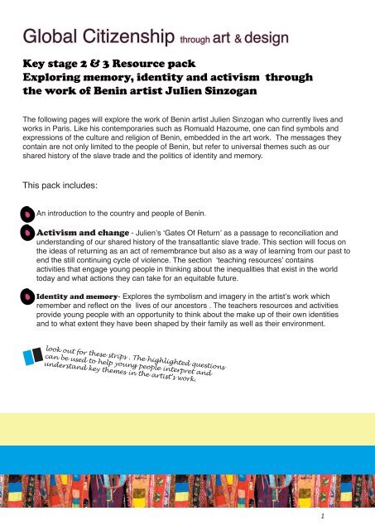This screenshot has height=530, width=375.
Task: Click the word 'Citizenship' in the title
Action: (x=119, y=36)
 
